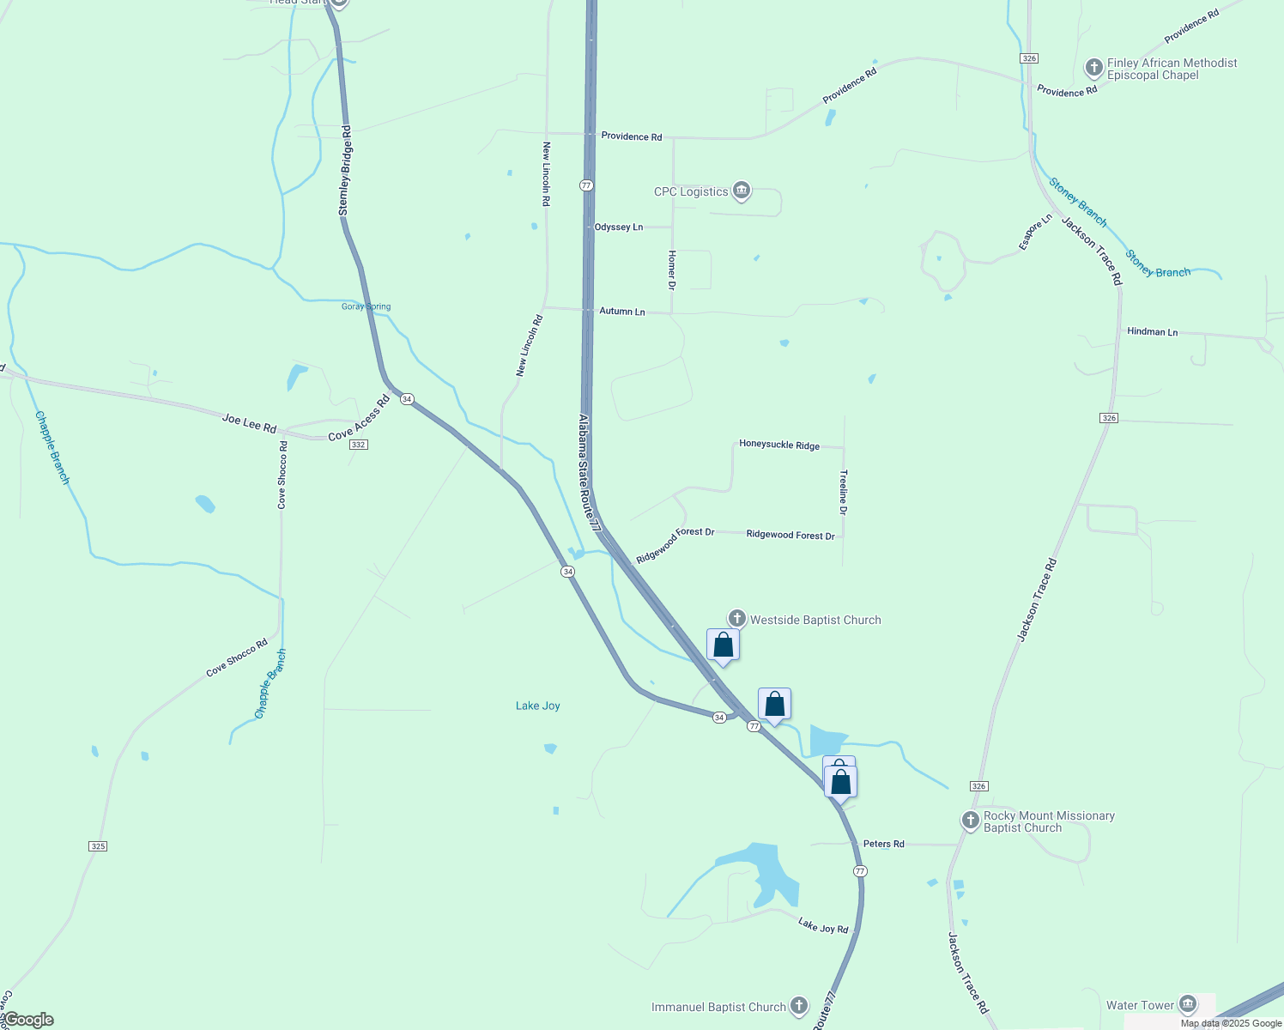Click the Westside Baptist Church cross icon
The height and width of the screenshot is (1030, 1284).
click(x=736, y=619)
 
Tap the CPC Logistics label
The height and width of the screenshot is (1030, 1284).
click(x=691, y=191)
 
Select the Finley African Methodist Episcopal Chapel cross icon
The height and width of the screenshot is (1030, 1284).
click(x=1093, y=68)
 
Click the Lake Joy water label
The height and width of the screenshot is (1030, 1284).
click(x=538, y=706)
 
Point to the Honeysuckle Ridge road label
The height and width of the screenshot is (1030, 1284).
click(x=779, y=445)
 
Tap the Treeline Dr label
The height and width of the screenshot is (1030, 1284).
click(x=844, y=492)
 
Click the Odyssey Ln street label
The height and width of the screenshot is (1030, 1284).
click(x=619, y=227)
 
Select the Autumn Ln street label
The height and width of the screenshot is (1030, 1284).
click(x=622, y=312)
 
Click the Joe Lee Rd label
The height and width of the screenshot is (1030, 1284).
click(x=249, y=423)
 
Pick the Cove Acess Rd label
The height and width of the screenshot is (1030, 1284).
click(x=359, y=418)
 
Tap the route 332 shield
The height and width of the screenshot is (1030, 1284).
click(x=359, y=445)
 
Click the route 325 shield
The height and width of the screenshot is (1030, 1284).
click(x=98, y=846)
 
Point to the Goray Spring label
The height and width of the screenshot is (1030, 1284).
click(x=366, y=306)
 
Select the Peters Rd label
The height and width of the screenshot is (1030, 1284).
click(x=883, y=844)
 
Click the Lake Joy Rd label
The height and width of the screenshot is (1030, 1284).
click(x=823, y=925)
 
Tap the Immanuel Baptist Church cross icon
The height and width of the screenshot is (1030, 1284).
click(x=799, y=1006)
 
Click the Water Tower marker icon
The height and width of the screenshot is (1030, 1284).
click(x=1188, y=1004)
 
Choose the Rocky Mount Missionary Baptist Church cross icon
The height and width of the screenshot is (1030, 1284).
click(x=971, y=821)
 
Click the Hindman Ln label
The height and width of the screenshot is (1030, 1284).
click(x=1152, y=331)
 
